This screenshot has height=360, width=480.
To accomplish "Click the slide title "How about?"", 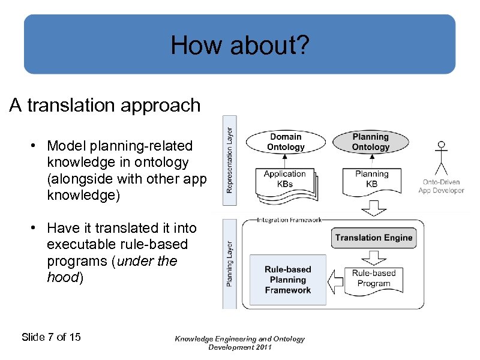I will [239, 45].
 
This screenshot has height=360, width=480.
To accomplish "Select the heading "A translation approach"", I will [105, 106].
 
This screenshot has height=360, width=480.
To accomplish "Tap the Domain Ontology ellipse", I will [285, 142].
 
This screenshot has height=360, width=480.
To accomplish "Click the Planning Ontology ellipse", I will [370, 142].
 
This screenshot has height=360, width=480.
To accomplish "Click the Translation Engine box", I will [373, 238].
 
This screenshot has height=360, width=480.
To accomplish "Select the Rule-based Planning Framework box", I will [287, 280].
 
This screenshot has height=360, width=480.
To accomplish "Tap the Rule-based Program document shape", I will [373, 278].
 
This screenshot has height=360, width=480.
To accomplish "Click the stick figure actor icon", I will [442, 157].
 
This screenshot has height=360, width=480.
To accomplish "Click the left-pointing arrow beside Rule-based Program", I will [337, 279].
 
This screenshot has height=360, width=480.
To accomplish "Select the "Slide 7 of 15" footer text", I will [51, 337].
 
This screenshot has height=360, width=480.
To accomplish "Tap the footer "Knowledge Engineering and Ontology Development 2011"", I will [239, 343].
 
